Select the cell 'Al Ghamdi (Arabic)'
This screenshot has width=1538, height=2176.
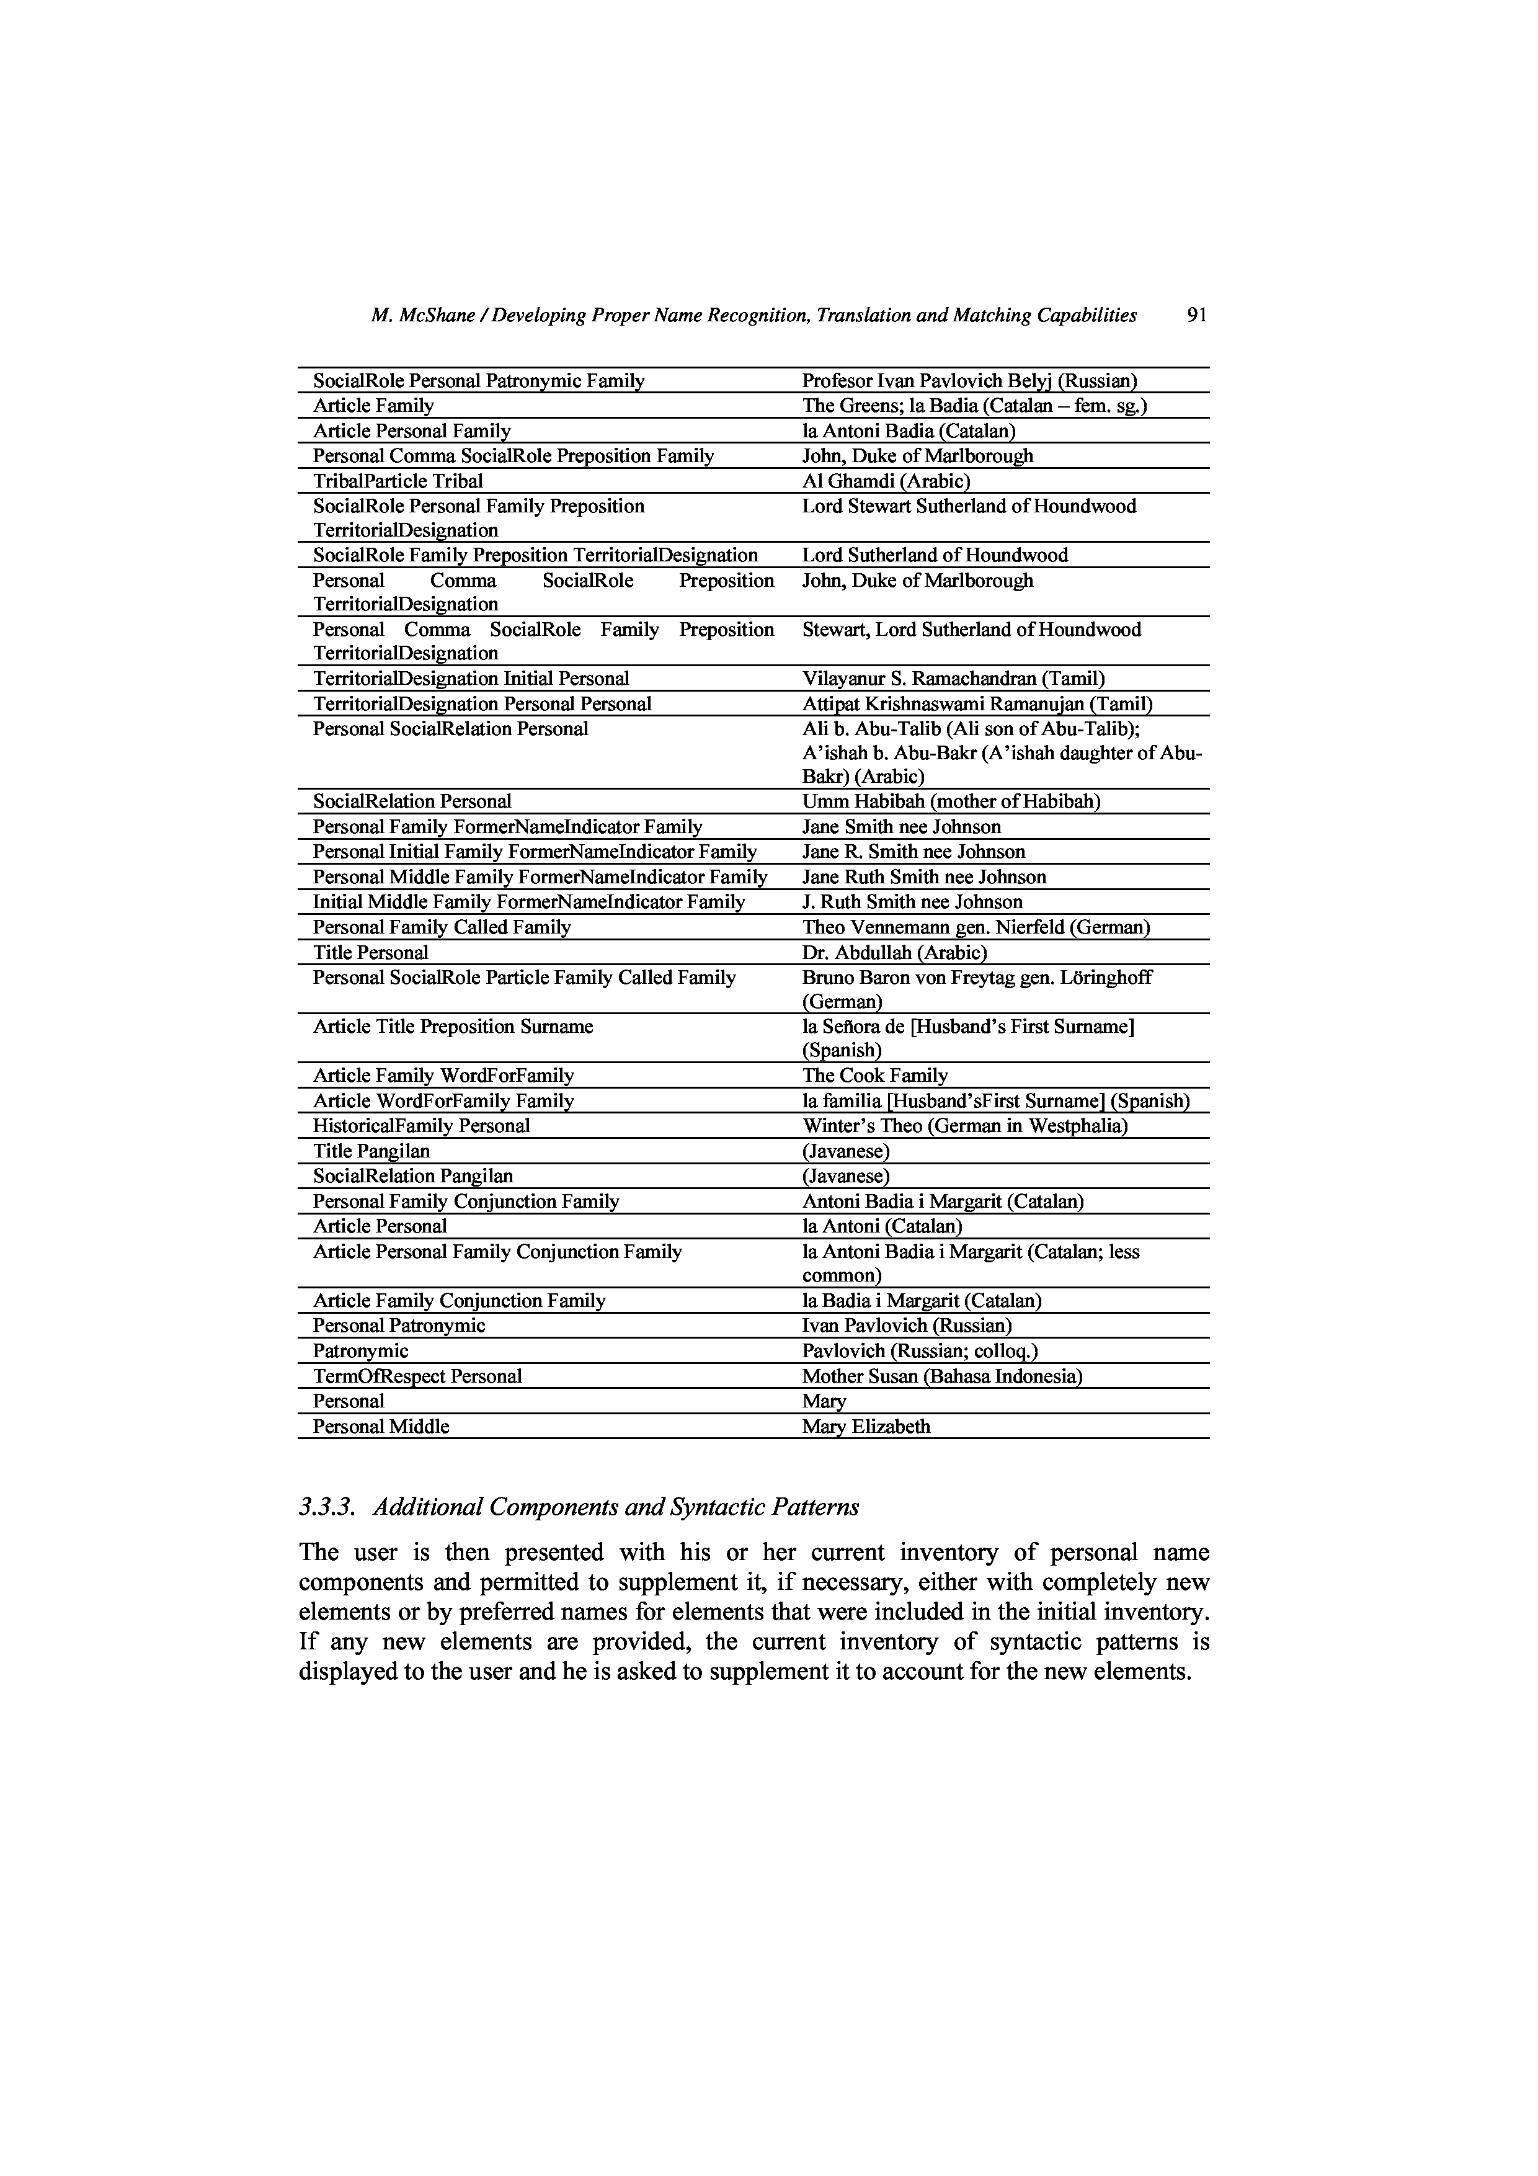point(886,481)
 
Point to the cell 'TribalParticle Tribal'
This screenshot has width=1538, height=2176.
point(398,481)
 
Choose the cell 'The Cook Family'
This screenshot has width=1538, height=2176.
point(874,1075)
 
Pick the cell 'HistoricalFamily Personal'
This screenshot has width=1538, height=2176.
point(422,1126)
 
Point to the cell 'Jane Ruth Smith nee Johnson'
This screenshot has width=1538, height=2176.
point(924,876)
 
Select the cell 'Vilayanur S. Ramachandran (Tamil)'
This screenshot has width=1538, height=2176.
point(953,679)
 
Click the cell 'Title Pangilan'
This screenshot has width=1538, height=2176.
point(371,1151)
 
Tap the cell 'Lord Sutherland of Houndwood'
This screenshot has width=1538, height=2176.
point(935,555)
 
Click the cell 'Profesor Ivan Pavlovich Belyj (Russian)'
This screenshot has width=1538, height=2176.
point(969,381)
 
